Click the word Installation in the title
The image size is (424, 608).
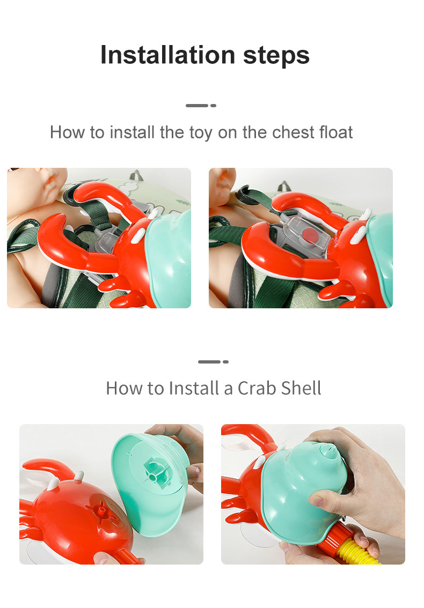[x=168, y=55]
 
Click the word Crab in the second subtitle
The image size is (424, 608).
[x=257, y=388]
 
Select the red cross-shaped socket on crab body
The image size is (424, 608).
[x=103, y=511]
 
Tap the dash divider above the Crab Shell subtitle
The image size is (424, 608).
[x=213, y=362]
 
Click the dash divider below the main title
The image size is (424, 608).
[x=201, y=106]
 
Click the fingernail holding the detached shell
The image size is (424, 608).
[x=193, y=473]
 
